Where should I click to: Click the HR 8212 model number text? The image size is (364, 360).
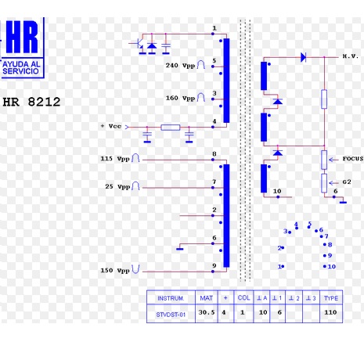point(31,102)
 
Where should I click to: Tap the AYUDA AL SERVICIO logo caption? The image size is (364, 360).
point(21,67)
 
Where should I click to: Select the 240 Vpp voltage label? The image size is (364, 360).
point(180,65)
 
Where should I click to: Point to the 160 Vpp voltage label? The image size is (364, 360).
point(180,98)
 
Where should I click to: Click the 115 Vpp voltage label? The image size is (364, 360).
point(115,159)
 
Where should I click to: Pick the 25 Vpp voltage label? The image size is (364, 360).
point(117,186)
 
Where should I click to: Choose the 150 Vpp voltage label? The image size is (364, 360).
point(115,270)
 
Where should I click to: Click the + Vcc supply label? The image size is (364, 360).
point(111,126)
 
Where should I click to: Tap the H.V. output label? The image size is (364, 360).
point(351,56)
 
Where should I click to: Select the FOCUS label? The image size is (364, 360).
point(353,159)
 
